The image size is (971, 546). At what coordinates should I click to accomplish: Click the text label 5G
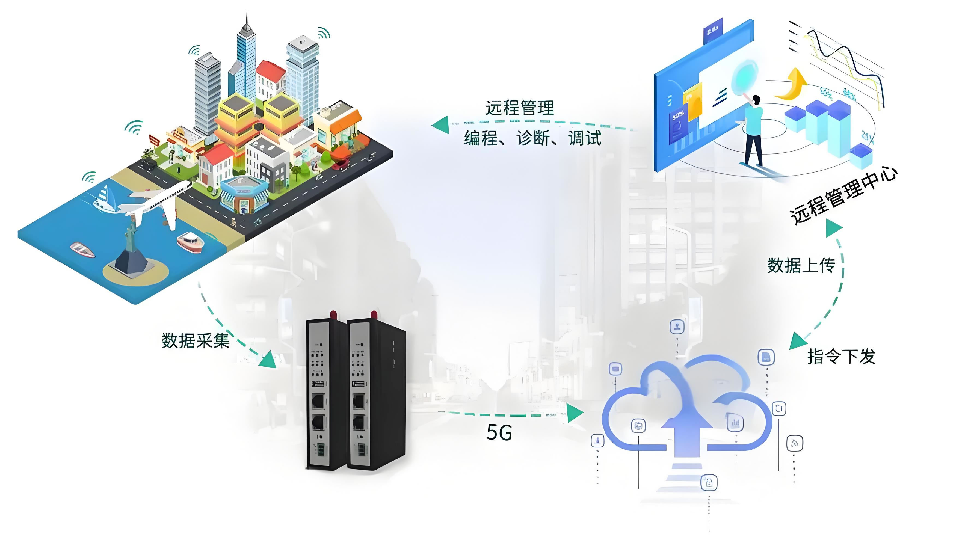(499, 432)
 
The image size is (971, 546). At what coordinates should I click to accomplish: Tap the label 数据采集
(196, 341)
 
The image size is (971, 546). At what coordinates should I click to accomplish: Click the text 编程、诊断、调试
(532, 138)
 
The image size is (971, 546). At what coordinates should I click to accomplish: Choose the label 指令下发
(841, 356)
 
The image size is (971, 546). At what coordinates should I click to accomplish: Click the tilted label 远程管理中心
(843, 196)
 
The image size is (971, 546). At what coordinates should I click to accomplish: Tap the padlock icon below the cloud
(709, 483)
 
